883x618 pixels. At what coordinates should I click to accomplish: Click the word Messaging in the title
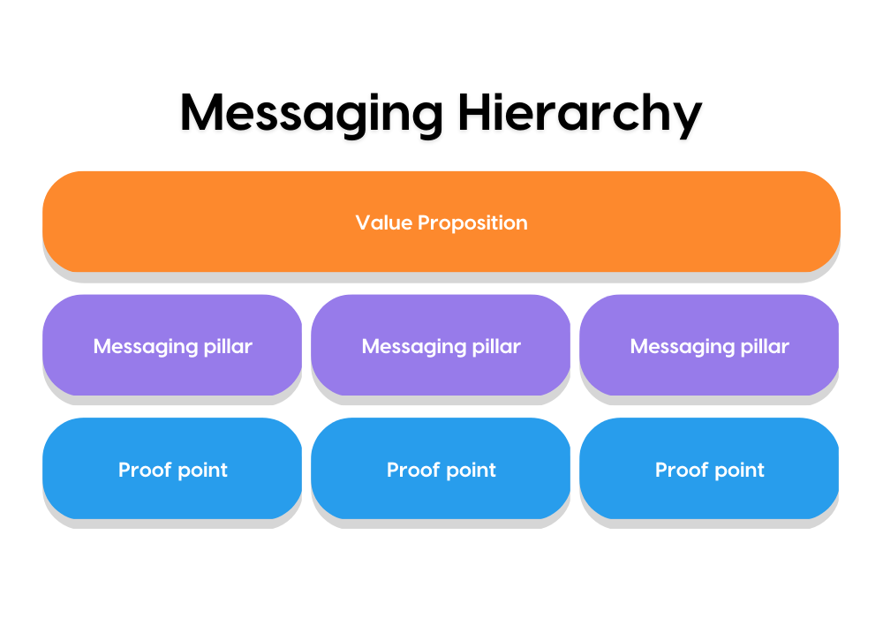coord(312,116)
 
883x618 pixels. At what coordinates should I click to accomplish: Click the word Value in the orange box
coord(384,222)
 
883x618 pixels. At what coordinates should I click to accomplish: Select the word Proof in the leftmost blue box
coord(145,470)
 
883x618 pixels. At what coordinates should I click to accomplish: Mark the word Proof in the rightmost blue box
coord(682,470)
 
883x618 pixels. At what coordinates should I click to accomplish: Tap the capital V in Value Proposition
coord(365,222)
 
